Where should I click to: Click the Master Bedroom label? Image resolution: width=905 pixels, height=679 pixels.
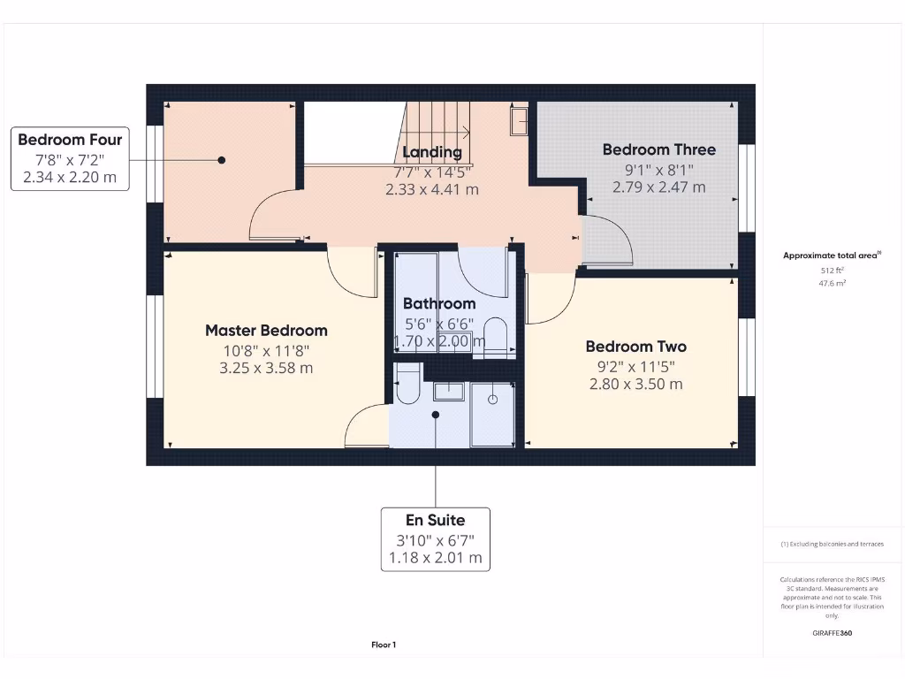point(266,331)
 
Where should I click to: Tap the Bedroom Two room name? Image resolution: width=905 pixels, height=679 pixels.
point(635,347)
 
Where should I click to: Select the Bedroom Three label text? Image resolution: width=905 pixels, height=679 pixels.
point(658,149)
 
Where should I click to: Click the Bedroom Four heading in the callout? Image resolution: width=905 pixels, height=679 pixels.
point(70,140)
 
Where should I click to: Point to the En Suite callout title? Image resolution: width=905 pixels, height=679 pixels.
point(435,520)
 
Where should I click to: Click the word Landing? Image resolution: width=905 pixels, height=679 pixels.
point(432,152)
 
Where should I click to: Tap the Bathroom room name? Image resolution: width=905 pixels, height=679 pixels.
point(439,304)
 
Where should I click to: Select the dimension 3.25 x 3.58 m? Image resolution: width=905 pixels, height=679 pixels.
point(266,368)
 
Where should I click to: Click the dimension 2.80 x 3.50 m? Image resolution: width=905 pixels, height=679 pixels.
point(635,384)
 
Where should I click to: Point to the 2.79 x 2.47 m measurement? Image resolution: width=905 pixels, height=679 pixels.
point(658,187)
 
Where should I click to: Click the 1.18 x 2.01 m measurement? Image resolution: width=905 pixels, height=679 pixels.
point(435,558)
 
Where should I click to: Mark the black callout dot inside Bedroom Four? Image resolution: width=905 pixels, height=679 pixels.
point(222,160)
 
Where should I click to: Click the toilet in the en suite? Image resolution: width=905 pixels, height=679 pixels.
point(407,385)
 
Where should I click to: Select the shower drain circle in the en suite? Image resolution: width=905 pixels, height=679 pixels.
point(492,400)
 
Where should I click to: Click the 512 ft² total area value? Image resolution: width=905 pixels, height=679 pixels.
point(833,271)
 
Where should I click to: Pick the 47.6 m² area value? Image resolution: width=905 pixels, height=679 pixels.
point(833,284)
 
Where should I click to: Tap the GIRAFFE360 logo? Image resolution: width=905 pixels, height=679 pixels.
point(833,633)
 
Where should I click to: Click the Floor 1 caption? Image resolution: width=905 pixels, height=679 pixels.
point(384,645)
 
